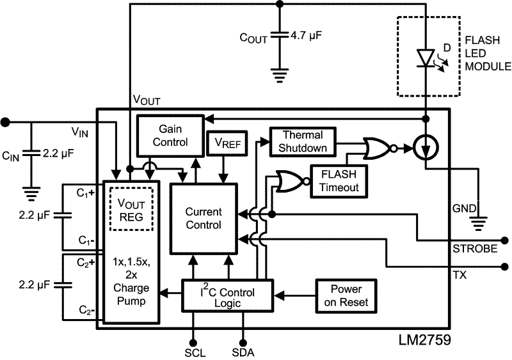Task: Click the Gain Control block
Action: pyautogui.click(x=170, y=136)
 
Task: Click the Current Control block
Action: pyautogui.click(x=203, y=217)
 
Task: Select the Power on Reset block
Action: pyautogui.click(x=345, y=295)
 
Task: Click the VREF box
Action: pyautogui.click(x=224, y=144)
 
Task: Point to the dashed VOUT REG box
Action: pyautogui.click(x=132, y=210)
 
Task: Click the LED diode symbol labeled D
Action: pyautogui.click(x=426, y=58)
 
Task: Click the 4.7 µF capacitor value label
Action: pyautogui.click(x=305, y=36)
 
